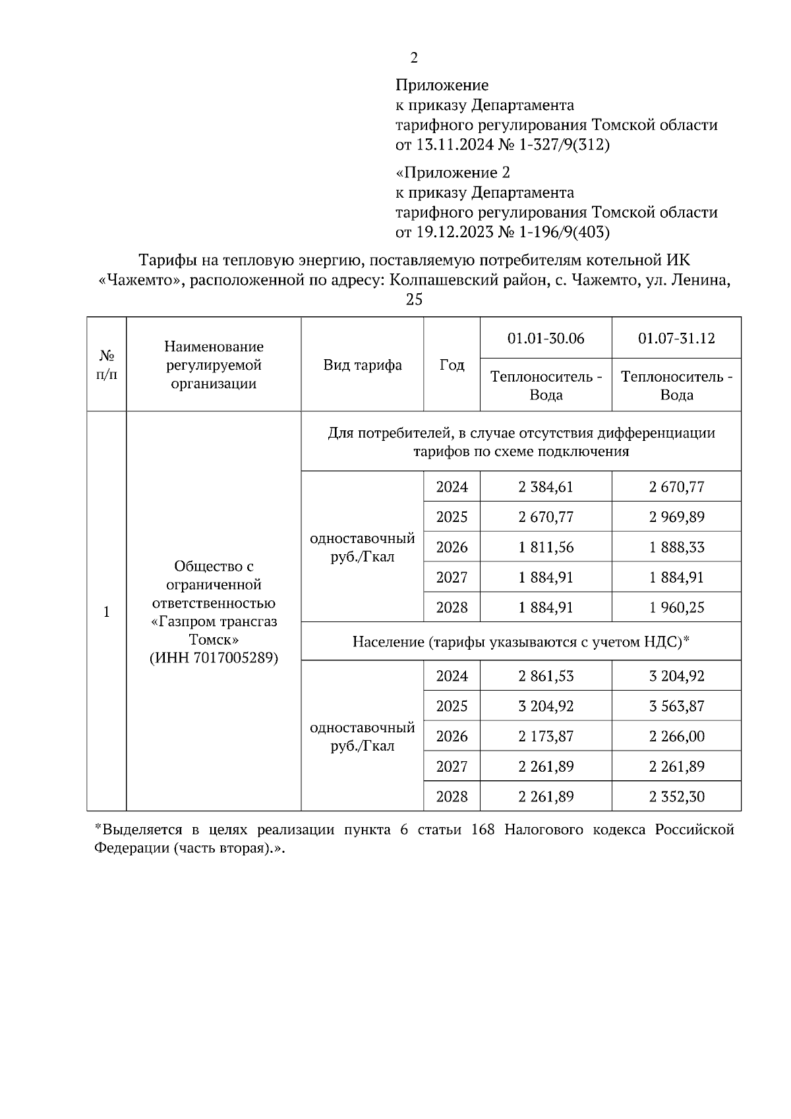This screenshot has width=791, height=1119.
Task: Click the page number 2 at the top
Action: [x=414, y=58]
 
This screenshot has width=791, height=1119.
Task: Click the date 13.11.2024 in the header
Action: [x=454, y=144]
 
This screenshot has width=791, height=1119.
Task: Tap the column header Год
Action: [x=452, y=364]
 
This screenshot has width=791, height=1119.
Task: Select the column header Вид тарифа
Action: [x=363, y=364]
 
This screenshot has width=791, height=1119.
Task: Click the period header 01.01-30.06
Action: [x=546, y=338]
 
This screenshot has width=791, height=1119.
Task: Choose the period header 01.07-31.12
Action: [x=676, y=338]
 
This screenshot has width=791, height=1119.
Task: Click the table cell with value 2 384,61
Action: [x=546, y=487]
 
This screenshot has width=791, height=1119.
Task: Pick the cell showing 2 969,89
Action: [x=676, y=517]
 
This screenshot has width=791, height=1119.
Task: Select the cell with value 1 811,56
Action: [x=546, y=547]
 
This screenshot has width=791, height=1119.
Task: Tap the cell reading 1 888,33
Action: [x=676, y=547]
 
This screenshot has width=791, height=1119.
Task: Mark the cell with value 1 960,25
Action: [x=676, y=607]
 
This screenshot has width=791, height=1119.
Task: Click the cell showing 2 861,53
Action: [x=546, y=675]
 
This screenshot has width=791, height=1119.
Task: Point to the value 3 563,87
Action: [x=676, y=706]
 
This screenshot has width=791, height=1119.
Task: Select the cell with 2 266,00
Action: [x=676, y=736]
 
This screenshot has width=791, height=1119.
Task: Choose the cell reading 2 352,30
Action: [x=676, y=796]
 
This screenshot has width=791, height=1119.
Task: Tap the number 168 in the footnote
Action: [x=484, y=830]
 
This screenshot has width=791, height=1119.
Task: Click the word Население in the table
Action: [x=388, y=641]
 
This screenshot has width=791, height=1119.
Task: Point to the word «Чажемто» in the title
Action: [x=139, y=280]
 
